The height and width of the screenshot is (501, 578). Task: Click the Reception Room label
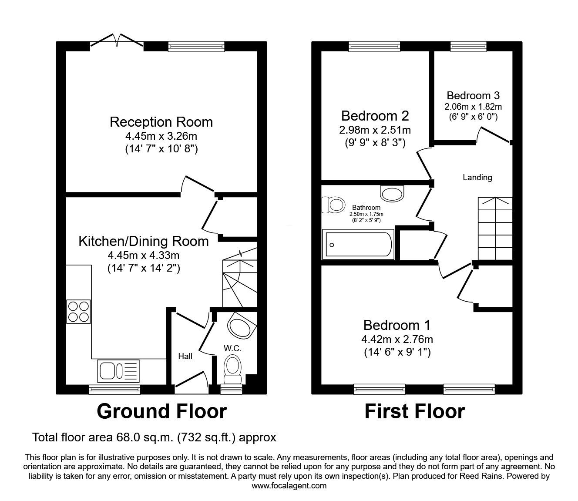pos(161,122)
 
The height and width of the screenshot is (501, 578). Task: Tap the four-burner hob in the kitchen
pos(78,312)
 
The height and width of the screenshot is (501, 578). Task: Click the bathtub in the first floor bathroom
pos(358,245)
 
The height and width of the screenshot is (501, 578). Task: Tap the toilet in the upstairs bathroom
pos(332,204)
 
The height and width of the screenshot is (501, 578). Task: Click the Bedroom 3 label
pos(473,95)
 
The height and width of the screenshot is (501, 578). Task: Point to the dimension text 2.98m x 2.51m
pos(375,130)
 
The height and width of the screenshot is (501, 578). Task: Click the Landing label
pos(477,178)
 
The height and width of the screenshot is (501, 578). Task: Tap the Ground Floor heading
pos(161,411)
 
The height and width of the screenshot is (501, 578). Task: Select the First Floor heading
pos(414,411)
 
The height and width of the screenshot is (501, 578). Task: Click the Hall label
pos(185,356)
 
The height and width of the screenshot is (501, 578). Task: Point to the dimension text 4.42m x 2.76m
pos(397,339)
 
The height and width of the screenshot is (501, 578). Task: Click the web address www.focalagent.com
pos(289,486)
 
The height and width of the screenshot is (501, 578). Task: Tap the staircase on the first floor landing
pos(495,228)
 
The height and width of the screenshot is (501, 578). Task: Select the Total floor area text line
pos(155,437)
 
